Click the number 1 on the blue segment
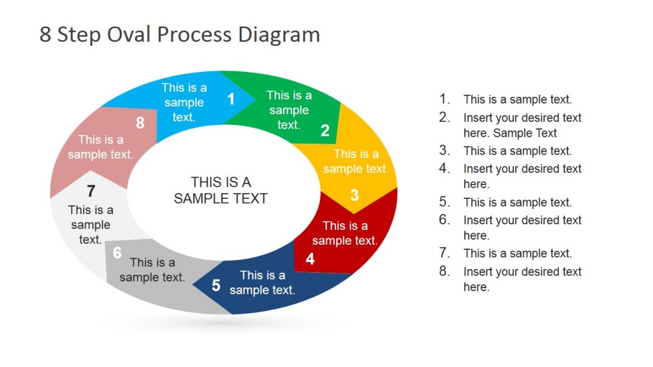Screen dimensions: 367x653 point(231,99)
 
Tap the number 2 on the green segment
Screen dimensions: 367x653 point(325,131)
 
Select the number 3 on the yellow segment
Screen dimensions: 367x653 point(355,195)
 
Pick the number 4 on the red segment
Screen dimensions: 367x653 point(310,259)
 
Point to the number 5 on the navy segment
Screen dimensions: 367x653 point(216,285)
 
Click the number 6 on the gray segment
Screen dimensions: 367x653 point(117,253)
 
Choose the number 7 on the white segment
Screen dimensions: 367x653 point(91,191)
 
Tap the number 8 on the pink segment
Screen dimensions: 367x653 point(140,122)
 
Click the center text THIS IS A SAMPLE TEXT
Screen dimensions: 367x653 point(221,190)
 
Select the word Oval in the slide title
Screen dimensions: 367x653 point(125,34)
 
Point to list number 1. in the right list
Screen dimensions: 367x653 point(444,99)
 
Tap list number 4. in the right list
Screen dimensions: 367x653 point(444,168)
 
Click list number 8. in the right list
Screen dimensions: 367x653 point(444,271)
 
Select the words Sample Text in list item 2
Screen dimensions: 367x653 point(525,133)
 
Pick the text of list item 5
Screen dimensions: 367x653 point(517,202)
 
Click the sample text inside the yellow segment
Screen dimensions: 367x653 point(356,161)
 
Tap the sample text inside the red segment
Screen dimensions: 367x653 point(345,233)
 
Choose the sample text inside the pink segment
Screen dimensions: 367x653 point(101,147)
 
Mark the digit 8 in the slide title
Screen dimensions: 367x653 point(45,34)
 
